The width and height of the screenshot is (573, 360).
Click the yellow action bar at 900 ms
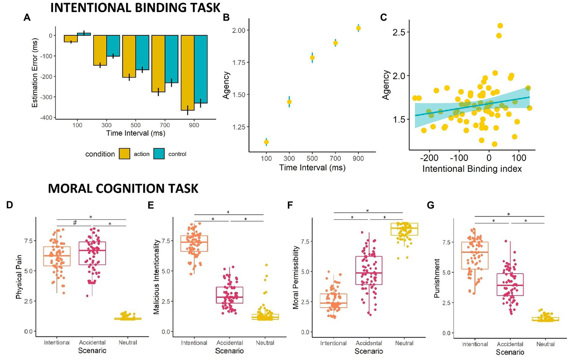point(187,73)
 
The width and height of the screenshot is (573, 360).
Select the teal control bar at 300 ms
point(113,46)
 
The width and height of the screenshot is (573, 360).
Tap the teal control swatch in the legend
point(159,154)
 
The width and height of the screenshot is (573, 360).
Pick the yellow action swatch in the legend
point(125,154)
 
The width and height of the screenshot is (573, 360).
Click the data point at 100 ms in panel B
point(266,142)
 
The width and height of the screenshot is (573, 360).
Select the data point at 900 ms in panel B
point(358,28)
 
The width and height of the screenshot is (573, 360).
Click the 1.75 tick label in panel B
point(238,62)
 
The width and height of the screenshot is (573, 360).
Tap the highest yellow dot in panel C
point(500,26)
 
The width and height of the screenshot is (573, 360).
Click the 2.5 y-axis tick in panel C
point(399,32)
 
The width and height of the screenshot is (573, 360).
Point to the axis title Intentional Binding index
point(472,169)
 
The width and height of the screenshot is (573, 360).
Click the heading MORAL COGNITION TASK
point(123,189)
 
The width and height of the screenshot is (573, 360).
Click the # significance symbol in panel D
point(75,223)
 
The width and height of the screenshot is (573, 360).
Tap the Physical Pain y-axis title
point(19,277)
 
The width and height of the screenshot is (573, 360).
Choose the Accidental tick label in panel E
point(230,343)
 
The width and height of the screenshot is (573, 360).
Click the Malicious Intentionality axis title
point(156,277)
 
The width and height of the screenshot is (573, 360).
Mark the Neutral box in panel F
point(404,229)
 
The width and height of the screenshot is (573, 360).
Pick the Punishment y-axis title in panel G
point(437,278)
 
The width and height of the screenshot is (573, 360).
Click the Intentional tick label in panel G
point(475,344)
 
